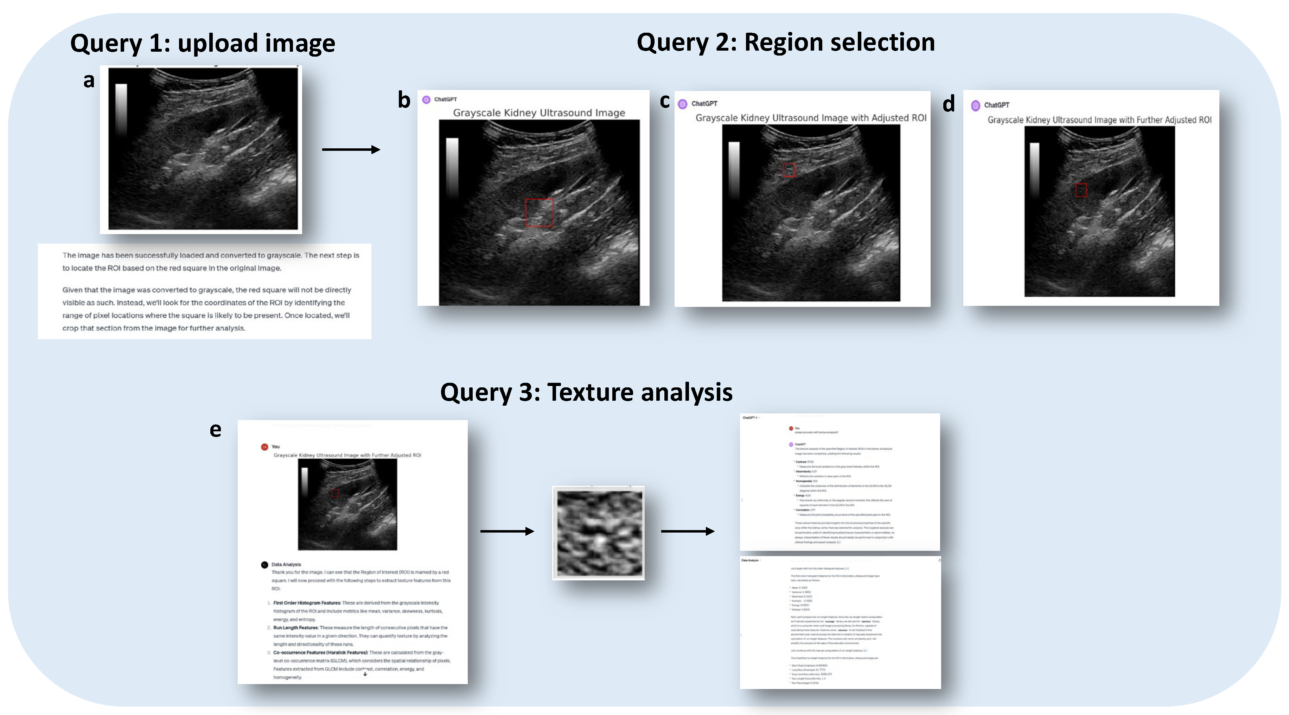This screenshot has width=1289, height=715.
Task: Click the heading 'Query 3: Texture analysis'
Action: point(586,392)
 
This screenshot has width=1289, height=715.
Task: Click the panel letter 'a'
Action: point(89,80)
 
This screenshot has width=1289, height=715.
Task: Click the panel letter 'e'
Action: point(215,430)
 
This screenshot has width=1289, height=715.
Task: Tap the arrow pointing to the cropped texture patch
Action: point(507,531)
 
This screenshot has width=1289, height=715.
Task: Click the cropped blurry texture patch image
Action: point(599,533)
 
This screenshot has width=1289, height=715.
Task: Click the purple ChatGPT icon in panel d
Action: point(975,105)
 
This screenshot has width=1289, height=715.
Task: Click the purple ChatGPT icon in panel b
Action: point(426,99)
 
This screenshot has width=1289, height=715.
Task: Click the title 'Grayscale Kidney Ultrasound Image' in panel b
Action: point(539,113)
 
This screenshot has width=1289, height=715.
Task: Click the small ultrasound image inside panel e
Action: point(347,504)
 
